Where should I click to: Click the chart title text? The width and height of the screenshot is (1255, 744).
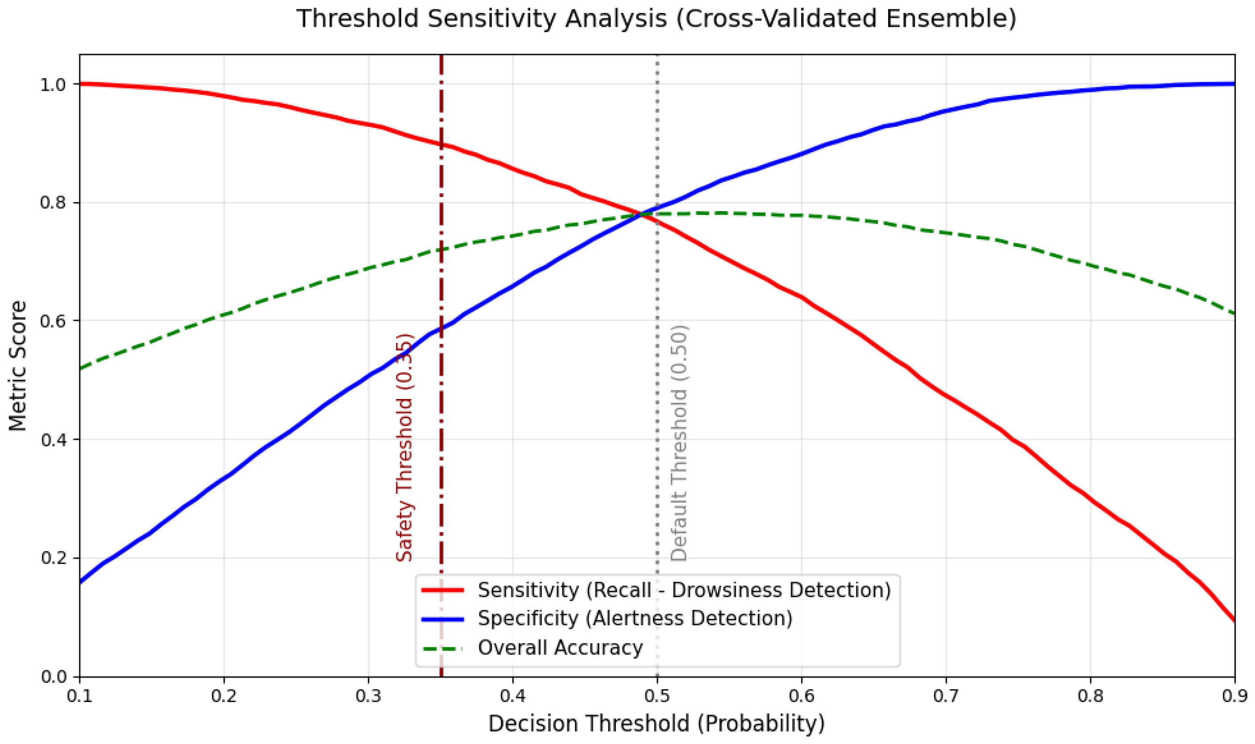click(657, 19)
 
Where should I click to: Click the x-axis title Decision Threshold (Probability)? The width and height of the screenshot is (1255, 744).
click(657, 723)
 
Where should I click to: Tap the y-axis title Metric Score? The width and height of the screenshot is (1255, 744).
click(18, 366)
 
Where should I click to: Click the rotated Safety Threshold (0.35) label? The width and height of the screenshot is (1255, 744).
click(404, 447)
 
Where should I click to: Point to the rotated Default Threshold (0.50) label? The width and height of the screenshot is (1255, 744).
click(679, 443)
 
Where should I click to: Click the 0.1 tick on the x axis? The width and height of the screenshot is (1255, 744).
click(80, 696)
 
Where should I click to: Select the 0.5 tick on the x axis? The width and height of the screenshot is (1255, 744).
click(657, 696)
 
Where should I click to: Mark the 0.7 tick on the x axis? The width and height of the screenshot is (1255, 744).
click(946, 696)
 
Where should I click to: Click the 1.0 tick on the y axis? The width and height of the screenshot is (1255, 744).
click(53, 84)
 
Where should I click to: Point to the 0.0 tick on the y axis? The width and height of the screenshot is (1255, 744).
click(53, 677)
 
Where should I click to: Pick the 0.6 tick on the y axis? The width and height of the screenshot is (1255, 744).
click(53, 321)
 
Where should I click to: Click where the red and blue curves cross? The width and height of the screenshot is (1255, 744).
click(641, 215)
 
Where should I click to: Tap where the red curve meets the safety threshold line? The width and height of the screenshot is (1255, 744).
click(441, 145)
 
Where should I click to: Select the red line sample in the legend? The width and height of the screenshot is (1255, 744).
click(443, 590)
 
